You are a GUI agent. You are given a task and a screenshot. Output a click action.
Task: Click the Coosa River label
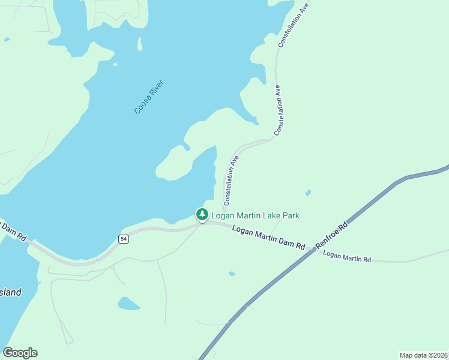(x=149, y=97)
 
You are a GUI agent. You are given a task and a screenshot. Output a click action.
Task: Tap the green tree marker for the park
(x=202, y=214)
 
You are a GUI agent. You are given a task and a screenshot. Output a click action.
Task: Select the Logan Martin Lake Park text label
(x=255, y=215)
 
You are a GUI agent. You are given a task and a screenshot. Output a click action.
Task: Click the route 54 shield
(x=123, y=239)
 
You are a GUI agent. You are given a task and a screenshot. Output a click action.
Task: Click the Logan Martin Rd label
(x=347, y=257)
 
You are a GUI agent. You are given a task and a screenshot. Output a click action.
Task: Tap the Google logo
(x=20, y=353)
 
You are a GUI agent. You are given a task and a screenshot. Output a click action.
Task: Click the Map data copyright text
(x=423, y=355)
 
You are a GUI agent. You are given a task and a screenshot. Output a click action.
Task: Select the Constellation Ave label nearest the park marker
(x=231, y=180)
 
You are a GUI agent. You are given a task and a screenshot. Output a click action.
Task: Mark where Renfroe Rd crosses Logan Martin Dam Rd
(x=315, y=250)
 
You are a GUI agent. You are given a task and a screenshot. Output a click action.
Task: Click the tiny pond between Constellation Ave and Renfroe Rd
(x=308, y=193)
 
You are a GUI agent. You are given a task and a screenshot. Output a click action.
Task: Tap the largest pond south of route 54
(x=128, y=304)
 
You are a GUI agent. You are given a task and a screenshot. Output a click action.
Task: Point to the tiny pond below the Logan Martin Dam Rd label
(x=232, y=274)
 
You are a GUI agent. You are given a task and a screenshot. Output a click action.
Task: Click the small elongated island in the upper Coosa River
(x=140, y=44)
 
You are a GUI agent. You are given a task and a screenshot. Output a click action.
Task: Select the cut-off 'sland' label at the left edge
(x=11, y=293)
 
